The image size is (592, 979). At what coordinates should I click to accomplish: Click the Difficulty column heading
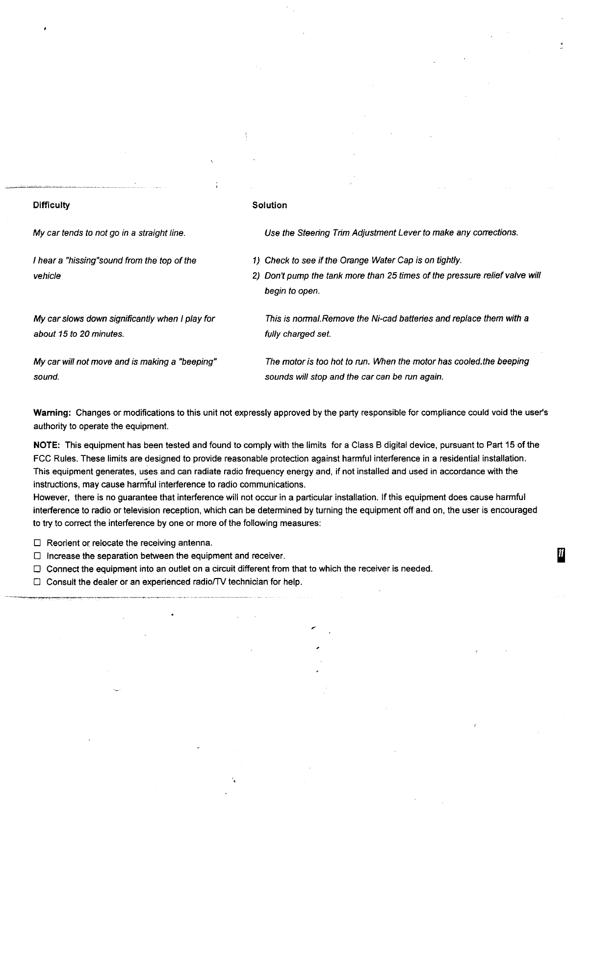(51, 205)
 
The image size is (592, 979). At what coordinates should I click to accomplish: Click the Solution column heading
(269, 205)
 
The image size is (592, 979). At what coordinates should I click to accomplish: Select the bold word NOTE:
(47, 445)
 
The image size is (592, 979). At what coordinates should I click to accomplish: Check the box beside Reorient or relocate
(37, 543)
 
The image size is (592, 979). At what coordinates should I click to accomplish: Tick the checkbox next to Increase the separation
(37, 556)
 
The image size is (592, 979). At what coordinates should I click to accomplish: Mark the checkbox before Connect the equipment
(37, 569)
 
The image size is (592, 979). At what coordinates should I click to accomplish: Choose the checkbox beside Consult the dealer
(37, 582)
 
